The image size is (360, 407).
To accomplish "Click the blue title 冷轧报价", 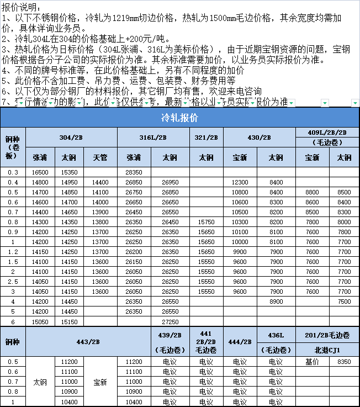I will pyautogui.click(x=179, y=118).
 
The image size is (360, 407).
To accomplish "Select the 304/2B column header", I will pyautogui.click(x=71, y=137).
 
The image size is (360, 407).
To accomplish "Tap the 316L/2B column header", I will pyautogui.click(x=153, y=137).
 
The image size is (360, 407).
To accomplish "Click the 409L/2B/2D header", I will pyautogui.click(x=327, y=132).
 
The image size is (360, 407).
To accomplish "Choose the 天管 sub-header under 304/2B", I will pyautogui.click(x=100, y=157).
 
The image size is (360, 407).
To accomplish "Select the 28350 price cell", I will pyautogui.click(x=134, y=172).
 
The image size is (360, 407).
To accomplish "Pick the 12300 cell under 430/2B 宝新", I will pyautogui.click(x=240, y=182).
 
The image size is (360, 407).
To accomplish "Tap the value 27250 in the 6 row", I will pyautogui.click(x=170, y=321).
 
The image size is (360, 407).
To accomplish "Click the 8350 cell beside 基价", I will pyautogui.click(x=343, y=362).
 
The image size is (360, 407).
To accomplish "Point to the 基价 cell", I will pyautogui.click(x=312, y=362).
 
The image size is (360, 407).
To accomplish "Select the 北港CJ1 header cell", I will pyautogui.click(x=327, y=350).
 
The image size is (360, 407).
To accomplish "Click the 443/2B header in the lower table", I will pyautogui.click(x=88, y=342).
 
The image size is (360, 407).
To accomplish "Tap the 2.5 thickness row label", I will pyautogui.click(x=12, y=282).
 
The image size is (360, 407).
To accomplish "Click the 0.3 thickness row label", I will pyautogui.click(x=12, y=172).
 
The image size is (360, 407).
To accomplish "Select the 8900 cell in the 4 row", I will pyautogui.click(x=276, y=302).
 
